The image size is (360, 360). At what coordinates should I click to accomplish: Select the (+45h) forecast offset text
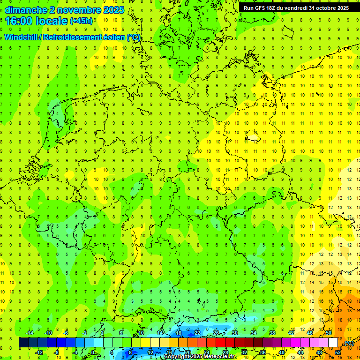[x=81, y=21]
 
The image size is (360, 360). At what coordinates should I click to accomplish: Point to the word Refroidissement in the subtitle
[x=71, y=37]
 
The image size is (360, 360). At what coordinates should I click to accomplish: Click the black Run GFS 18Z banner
[x=296, y=8]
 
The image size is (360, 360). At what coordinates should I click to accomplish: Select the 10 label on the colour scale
[x=141, y=333]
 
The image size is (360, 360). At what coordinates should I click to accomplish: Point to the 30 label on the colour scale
[x=234, y=333]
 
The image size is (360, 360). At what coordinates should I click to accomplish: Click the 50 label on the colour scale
[x=328, y=333]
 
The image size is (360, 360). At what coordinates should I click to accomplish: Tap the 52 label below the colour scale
[x=337, y=352]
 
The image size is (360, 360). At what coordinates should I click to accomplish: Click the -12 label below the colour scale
[x=39, y=352]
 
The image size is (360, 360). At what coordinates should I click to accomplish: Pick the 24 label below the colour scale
[x=206, y=352]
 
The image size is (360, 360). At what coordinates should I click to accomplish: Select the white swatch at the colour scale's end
[x=333, y=342]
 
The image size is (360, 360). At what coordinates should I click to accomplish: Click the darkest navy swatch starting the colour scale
[x=23, y=342]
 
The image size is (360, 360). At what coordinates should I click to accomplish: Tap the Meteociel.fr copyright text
[x=200, y=357]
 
